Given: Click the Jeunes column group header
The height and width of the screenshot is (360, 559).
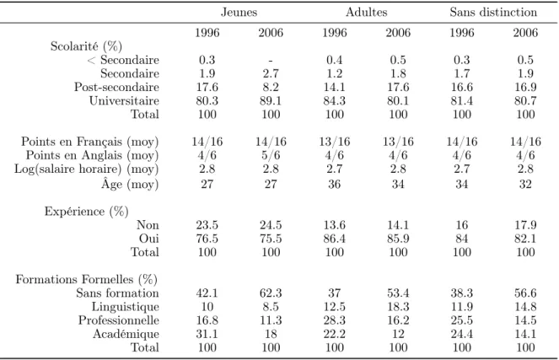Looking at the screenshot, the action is pyautogui.click(x=239, y=12).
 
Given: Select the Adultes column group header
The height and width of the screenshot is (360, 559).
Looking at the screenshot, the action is pyautogui.click(x=366, y=12).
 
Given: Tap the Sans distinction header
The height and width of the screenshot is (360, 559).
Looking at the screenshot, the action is pyautogui.click(x=493, y=12).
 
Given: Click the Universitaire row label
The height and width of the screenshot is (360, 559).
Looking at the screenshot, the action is pyautogui.click(x=124, y=101).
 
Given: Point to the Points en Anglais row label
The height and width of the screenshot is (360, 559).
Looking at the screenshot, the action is pyautogui.click(x=92, y=155).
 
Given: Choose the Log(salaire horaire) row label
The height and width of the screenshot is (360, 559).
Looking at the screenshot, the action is pyautogui.click(x=86, y=169).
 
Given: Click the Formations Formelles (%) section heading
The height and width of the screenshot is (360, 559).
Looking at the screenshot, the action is pyautogui.click(x=86, y=279).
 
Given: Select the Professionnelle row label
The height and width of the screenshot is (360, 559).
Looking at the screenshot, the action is pyautogui.click(x=119, y=320).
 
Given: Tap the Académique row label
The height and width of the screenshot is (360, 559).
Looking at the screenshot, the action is pyautogui.click(x=126, y=334).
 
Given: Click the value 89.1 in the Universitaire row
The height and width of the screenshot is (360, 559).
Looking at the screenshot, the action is pyautogui.click(x=271, y=101).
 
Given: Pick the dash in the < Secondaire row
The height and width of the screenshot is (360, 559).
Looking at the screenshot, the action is pyautogui.click(x=271, y=61).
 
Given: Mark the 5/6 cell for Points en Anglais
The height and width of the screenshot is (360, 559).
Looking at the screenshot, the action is pyautogui.click(x=271, y=155).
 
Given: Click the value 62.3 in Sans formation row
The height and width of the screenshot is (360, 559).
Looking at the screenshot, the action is pyautogui.click(x=271, y=293).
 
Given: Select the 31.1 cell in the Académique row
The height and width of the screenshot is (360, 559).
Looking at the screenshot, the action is pyautogui.click(x=207, y=334).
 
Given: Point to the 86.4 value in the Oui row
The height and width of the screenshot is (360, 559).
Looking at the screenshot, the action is pyautogui.click(x=334, y=239).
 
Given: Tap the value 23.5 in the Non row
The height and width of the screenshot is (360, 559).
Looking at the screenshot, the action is pyautogui.click(x=207, y=225).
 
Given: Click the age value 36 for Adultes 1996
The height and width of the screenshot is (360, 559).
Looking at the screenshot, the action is pyautogui.click(x=334, y=184).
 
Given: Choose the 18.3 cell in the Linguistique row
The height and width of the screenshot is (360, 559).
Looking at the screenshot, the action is pyautogui.click(x=398, y=307).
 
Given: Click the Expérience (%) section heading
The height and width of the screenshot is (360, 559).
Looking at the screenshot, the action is pyautogui.click(x=86, y=212).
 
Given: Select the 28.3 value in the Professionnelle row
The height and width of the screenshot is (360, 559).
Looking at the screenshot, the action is pyautogui.click(x=334, y=320).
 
